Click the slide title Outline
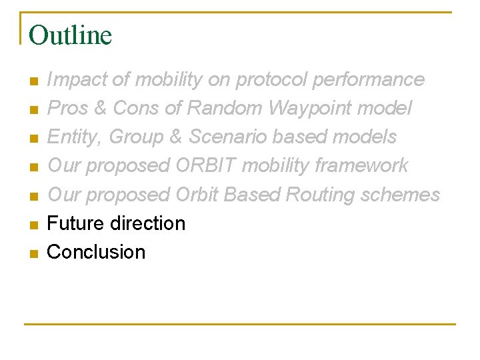pyautogui.click(x=71, y=35)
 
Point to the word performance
pyautogui.click(x=368, y=79)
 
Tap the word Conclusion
pyautogui.click(x=96, y=252)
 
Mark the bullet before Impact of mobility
pyautogui.click(x=33, y=81)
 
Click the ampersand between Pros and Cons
pyautogui.click(x=101, y=108)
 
